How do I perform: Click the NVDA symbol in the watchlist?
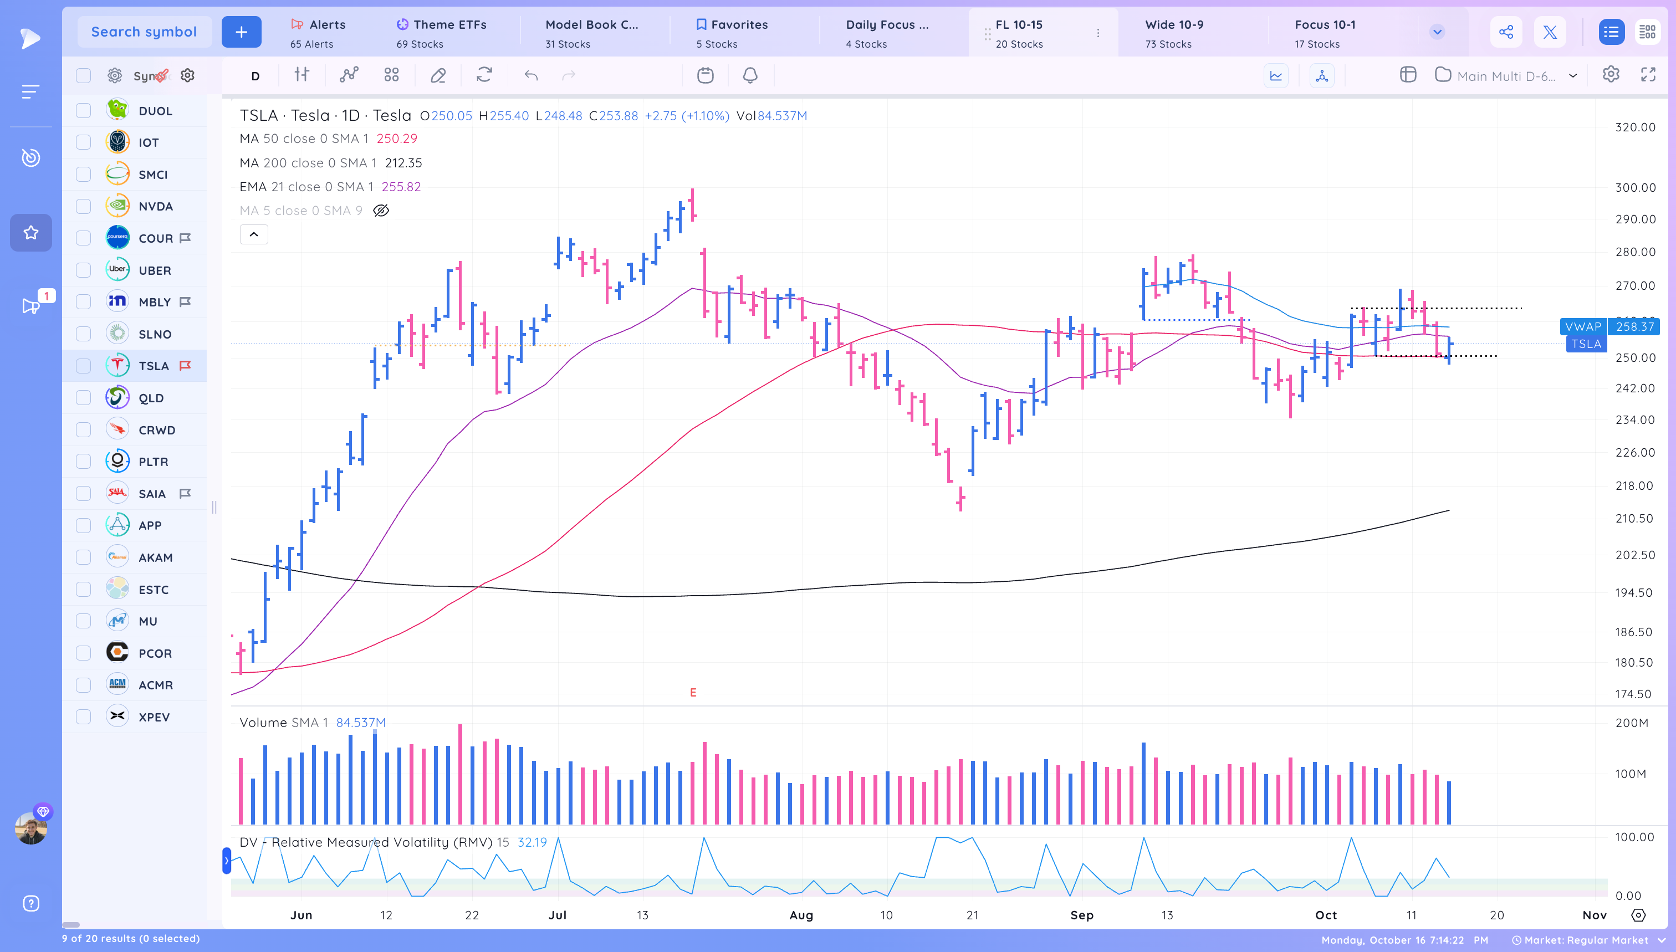click(155, 207)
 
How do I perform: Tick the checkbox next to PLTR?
click(83, 462)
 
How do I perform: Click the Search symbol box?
click(144, 32)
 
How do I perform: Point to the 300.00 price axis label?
click(1635, 188)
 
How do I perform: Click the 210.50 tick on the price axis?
click(1633, 519)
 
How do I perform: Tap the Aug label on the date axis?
click(800, 915)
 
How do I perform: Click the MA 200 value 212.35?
click(403, 163)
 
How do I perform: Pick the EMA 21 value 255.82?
click(401, 187)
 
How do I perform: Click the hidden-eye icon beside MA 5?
click(381, 211)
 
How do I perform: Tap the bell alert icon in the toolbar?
click(749, 76)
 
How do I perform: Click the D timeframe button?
click(255, 76)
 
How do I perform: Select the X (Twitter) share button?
click(1549, 32)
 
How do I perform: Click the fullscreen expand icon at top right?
click(1647, 75)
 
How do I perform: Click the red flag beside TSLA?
click(185, 366)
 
